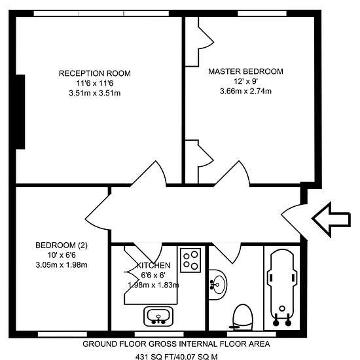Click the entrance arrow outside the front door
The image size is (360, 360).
[x=331, y=219]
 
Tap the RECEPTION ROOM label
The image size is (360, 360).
[x=95, y=73]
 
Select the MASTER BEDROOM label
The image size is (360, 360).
[x=245, y=71]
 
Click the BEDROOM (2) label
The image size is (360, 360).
[x=62, y=245]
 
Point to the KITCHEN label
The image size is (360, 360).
[x=153, y=265]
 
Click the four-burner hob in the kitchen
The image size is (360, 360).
[x=190, y=260]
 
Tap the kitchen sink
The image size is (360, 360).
[x=158, y=316]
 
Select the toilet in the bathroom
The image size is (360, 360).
[x=242, y=317]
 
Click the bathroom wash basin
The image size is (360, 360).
[x=217, y=285]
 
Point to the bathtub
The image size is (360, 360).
[x=282, y=287]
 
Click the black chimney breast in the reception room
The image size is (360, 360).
[x=20, y=112]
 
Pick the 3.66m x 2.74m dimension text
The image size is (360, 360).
[x=245, y=91]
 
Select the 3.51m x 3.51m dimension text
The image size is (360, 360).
[x=95, y=93]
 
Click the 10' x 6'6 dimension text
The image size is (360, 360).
[x=62, y=255]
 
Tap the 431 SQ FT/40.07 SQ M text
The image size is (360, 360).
[x=176, y=357]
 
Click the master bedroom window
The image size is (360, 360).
[x=262, y=13]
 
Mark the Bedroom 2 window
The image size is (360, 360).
[x=62, y=334]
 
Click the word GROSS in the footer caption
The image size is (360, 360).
[x=162, y=344]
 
